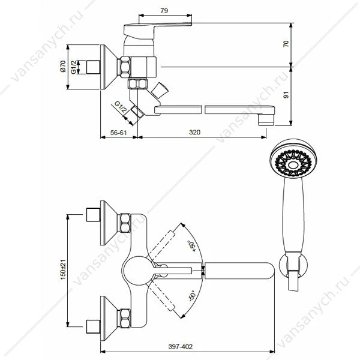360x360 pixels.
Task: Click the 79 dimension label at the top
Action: [164, 11]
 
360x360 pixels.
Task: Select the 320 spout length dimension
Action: [194, 132]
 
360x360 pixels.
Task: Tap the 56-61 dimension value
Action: [118, 133]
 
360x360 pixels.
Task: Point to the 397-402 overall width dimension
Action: [181, 346]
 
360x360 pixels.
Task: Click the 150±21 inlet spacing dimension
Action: [63, 269]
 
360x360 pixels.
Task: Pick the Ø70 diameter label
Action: [63, 66]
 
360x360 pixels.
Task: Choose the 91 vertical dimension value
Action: [286, 95]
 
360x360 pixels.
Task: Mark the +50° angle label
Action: [192, 247]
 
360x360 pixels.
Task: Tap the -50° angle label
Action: [192, 296]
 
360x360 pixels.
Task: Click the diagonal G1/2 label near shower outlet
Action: [121, 107]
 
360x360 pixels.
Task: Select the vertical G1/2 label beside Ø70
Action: [73, 67]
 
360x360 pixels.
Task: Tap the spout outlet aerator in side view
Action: [266, 119]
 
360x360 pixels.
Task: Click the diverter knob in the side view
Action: [160, 90]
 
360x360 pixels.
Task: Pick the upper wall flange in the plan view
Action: [109, 223]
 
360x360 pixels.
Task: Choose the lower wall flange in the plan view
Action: [109, 319]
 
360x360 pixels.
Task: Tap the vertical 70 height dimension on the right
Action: [286, 44]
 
